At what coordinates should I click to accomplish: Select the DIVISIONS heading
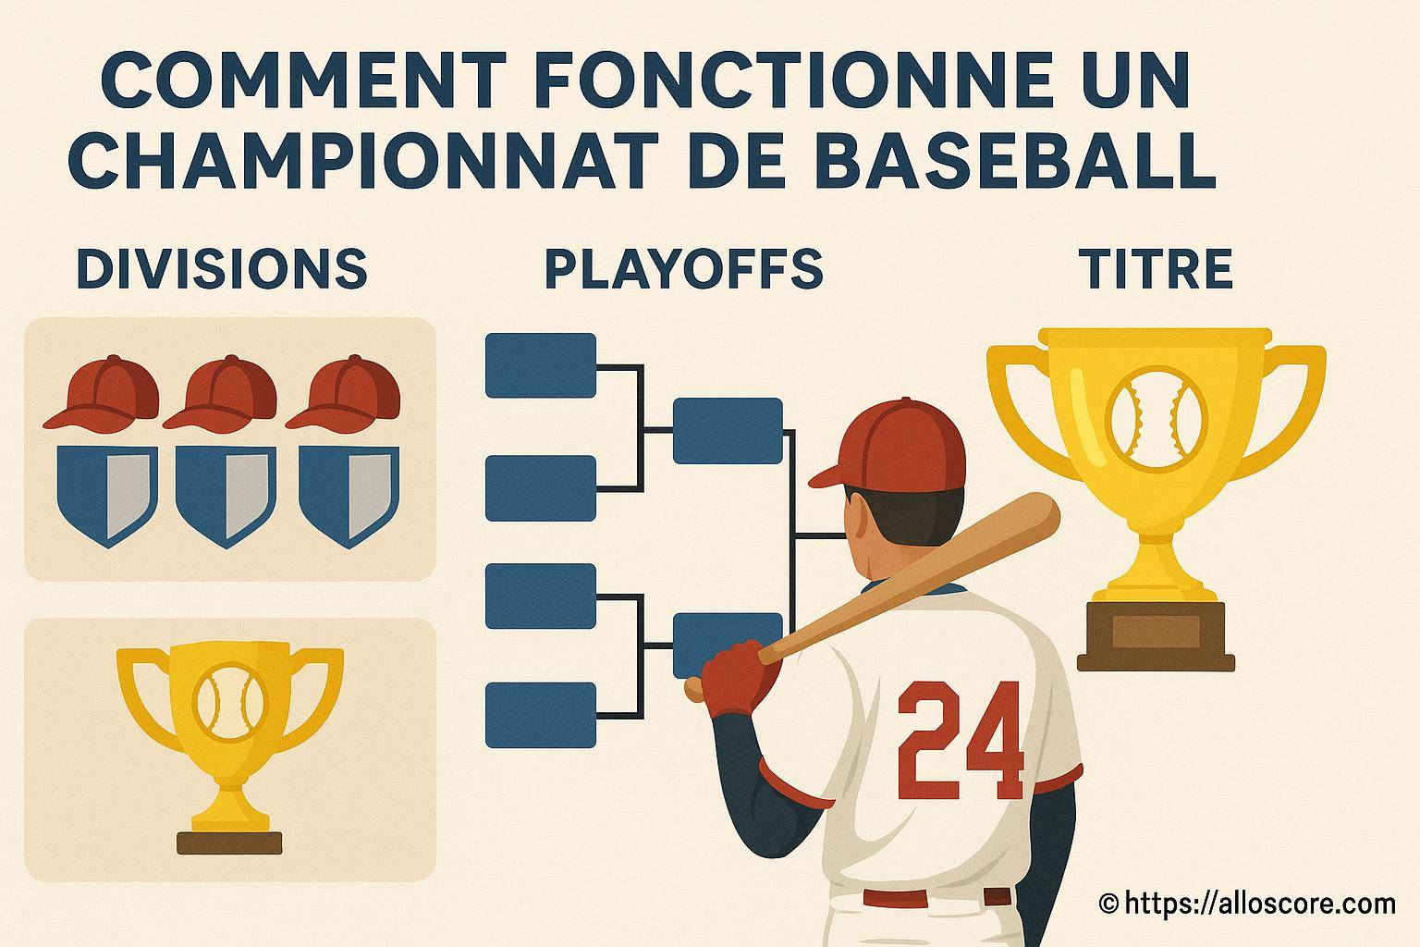point(222,268)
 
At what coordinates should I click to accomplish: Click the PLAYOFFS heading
point(684,269)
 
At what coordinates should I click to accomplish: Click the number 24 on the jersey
point(961,740)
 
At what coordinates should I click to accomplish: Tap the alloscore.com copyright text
point(1247,904)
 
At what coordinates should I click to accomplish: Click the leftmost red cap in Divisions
point(102,394)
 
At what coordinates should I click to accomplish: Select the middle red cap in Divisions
point(220,394)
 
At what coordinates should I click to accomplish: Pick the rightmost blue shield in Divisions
point(349,496)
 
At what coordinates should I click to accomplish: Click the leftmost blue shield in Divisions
point(107,496)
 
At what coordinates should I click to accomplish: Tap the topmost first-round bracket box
point(541,365)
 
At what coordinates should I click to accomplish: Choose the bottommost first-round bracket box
point(541,715)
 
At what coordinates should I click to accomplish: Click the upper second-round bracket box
point(728,431)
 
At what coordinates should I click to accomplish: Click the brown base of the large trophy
point(1156,636)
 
